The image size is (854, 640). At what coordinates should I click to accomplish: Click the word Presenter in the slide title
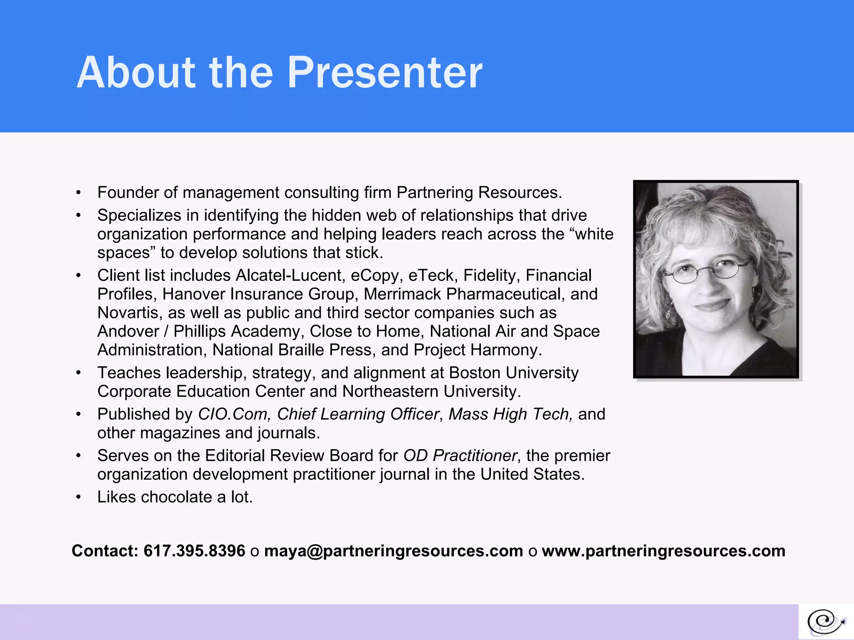click(384, 73)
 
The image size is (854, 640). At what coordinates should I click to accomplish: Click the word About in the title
click(136, 73)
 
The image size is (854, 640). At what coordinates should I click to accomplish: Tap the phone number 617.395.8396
click(194, 551)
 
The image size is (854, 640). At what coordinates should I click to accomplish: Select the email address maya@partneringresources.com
click(393, 551)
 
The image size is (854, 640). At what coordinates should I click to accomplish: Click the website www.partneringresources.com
click(663, 551)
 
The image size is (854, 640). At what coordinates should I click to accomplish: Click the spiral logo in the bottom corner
click(826, 622)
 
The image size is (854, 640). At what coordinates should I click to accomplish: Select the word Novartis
click(130, 312)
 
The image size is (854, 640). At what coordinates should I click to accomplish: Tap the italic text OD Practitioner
click(460, 455)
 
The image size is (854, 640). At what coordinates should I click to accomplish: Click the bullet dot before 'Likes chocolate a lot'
click(78, 497)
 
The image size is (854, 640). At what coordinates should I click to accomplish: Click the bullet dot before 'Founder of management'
click(78, 193)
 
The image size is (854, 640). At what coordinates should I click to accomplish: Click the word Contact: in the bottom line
click(105, 551)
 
